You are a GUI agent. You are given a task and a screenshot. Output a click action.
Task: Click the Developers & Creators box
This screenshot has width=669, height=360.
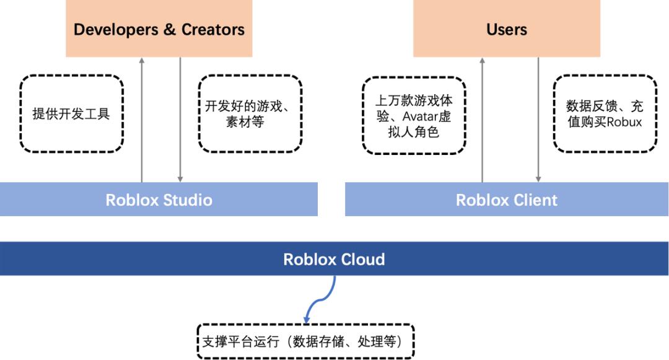159,28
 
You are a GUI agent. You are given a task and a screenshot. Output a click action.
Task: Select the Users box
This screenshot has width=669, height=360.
507,28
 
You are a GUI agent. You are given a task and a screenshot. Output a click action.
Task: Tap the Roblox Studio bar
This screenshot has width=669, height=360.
159,199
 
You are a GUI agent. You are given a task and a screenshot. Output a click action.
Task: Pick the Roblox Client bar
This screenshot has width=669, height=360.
507,199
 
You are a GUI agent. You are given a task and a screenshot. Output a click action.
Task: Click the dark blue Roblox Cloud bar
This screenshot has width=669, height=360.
334,258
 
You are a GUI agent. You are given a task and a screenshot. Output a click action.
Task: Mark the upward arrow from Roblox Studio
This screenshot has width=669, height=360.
142,120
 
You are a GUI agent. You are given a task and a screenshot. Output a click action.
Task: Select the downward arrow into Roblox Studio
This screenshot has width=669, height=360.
180,120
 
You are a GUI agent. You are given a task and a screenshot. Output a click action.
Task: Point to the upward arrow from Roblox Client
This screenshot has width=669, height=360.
482,120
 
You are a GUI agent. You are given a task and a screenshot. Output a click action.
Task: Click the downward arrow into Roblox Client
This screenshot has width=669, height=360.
538,120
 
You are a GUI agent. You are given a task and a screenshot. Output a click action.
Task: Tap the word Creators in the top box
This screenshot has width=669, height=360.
213,29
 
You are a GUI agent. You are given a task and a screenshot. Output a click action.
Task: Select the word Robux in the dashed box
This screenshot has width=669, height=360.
624,122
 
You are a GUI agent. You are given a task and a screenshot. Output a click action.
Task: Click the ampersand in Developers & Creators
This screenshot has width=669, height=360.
169,29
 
